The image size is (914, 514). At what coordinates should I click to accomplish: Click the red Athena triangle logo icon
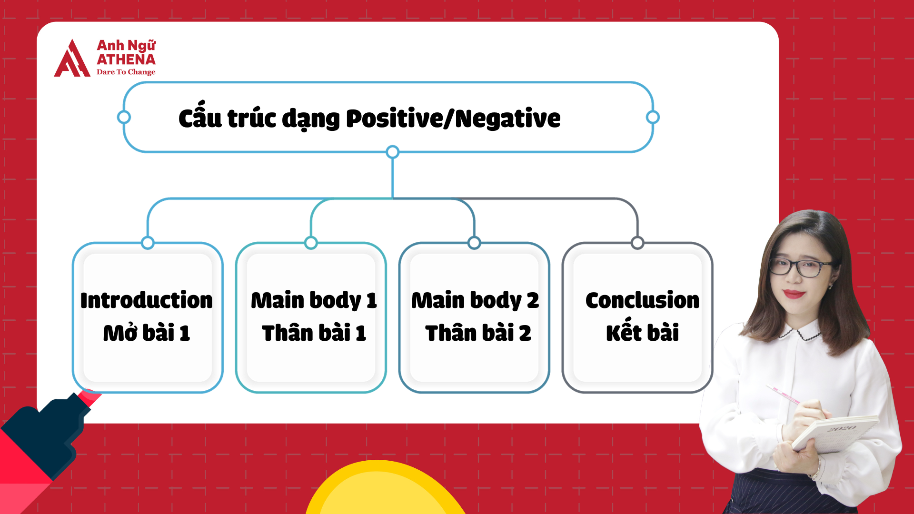(x=71, y=59)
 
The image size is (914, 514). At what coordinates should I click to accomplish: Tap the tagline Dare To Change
(x=126, y=72)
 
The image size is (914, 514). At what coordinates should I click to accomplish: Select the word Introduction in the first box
(x=147, y=300)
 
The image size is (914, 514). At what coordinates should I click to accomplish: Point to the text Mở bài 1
(x=147, y=333)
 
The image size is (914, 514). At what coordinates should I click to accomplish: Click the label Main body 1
(x=314, y=300)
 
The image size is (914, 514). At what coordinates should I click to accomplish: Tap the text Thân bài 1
(x=314, y=333)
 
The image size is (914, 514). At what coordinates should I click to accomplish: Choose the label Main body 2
(x=475, y=300)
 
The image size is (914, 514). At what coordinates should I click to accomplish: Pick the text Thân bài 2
(x=477, y=333)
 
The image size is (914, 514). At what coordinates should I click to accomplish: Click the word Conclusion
(x=642, y=300)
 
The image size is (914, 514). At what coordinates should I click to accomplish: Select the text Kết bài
(x=642, y=333)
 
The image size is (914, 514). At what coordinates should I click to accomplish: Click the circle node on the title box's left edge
(x=124, y=117)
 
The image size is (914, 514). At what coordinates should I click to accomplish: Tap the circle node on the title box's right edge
(x=653, y=117)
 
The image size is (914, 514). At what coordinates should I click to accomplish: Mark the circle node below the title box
(x=392, y=152)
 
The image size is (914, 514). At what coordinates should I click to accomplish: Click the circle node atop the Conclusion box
(x=637, y=243)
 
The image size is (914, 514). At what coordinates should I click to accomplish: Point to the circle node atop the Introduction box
(x=148, y=243)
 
